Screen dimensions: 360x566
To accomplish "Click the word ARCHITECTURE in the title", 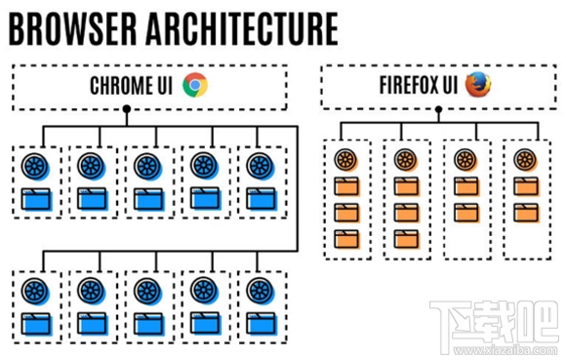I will point(243,27).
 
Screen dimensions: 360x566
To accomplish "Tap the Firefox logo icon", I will point(478,85).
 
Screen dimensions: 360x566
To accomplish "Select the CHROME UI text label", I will point(133,86).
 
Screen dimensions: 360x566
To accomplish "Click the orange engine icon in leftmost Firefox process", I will point(346,160).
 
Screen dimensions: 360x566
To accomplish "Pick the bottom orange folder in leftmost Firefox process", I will point(346,237).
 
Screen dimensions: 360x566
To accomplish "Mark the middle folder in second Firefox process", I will point(407,212).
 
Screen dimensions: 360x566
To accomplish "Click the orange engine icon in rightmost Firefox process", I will point(526,160).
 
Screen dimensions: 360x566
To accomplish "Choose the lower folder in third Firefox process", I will point(466,212).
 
